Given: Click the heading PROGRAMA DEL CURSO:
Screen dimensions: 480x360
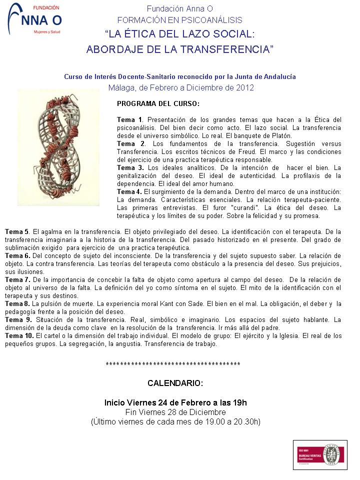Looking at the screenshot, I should pos(158,104).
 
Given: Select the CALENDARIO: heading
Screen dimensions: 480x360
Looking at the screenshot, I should pos(175,383).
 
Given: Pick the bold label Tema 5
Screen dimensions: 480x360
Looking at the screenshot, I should pos(17,232).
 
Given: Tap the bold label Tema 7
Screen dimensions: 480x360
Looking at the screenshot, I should pos(17,280).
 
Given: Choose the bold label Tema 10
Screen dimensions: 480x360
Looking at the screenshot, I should pos(19,336).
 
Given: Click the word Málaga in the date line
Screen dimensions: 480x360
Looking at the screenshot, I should pos(121,88).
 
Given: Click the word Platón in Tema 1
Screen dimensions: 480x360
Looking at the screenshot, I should pos(295,135).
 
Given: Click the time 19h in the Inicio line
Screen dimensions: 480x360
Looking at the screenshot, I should pos(239,403).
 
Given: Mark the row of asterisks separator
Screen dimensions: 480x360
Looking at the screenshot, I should pos(173,364).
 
